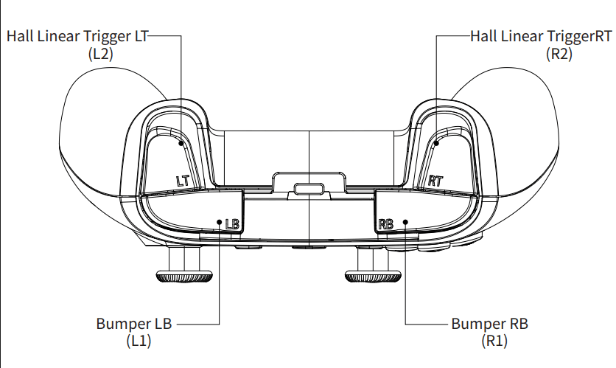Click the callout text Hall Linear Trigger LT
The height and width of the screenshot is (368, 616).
(77, 36)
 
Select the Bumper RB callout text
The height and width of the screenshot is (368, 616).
(489, 324)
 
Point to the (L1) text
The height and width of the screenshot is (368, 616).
(139, 341)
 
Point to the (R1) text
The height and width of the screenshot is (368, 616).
(494, 341)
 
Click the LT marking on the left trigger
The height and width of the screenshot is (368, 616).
(183, 179)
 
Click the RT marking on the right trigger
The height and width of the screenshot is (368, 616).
(435, 180)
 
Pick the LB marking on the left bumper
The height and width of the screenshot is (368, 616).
(232, 223)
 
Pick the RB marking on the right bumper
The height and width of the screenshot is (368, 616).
(386, 223)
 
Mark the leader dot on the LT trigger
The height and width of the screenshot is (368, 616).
(180, 145)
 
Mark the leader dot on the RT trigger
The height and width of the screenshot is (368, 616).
(436, 145)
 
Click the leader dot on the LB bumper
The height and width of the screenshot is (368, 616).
(220, 223)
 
